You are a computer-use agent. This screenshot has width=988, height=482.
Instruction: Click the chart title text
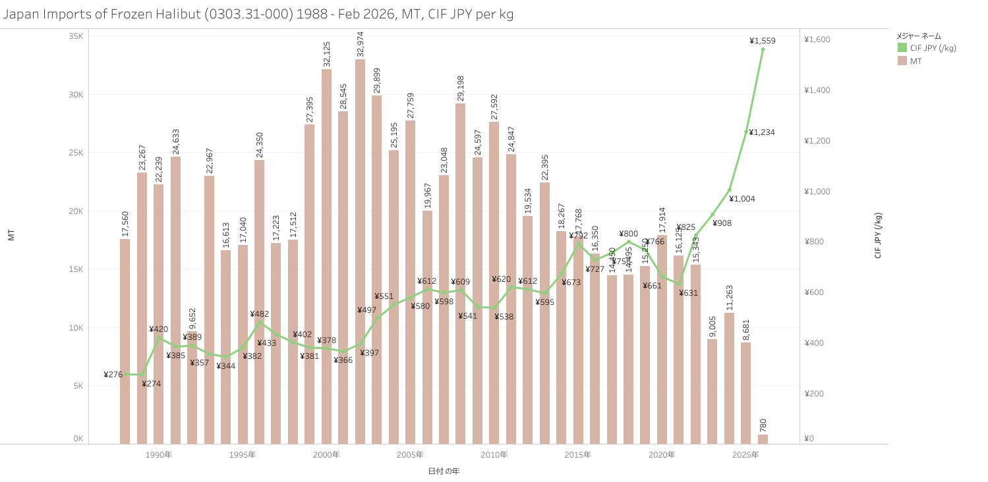258,14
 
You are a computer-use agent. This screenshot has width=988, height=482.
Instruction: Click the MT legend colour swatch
902,61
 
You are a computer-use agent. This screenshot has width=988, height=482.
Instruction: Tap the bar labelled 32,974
360,250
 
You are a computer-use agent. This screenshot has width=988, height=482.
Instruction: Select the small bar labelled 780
763,439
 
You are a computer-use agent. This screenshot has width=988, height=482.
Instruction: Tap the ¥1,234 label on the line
762,132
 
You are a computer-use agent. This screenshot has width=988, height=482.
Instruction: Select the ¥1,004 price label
743,199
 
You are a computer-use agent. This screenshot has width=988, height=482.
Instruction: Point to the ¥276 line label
113,375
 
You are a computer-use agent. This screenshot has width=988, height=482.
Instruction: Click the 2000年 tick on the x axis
326,455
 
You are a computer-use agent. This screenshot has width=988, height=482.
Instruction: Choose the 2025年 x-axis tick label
745,455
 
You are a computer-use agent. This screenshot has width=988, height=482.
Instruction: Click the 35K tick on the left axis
76,36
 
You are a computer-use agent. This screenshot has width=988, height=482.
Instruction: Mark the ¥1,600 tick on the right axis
817,40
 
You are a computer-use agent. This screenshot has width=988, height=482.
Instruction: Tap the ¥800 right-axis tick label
815,242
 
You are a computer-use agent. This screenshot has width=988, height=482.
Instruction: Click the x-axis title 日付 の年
444,471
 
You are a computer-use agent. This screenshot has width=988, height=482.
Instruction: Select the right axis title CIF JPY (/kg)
878,236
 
